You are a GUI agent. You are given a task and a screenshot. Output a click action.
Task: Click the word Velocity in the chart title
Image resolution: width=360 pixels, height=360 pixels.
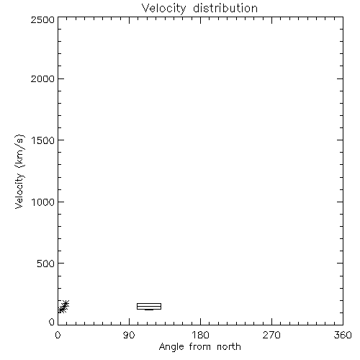tap(164, 9)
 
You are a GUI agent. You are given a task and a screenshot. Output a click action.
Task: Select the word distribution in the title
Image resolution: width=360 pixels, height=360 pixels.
tap(225, 8)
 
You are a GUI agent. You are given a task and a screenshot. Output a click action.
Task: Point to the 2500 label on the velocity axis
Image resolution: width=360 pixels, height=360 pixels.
tap(42, 19)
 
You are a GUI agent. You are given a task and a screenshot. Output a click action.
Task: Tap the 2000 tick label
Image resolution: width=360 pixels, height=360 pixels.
tap(42, 78)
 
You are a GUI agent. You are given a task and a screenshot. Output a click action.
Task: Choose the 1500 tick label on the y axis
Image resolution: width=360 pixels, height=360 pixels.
tap(43, 140)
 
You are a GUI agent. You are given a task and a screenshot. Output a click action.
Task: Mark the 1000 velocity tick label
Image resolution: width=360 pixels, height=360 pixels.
tap(43, 202)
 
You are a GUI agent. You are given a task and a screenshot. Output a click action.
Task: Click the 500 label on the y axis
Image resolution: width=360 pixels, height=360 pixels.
tap(46, 264)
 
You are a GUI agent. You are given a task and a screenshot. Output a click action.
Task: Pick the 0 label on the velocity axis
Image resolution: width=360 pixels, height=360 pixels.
tap(52, 322)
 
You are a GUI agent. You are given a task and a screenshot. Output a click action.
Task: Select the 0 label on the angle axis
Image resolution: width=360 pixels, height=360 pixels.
tap(58, 335)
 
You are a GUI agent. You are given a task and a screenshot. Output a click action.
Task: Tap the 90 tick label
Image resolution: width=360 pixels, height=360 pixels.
tap(129, 335)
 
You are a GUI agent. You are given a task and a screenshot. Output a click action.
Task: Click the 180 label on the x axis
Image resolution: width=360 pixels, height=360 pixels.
tap(200, 335)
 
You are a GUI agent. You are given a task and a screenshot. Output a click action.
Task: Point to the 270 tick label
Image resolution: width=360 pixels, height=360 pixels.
tap(271, 335)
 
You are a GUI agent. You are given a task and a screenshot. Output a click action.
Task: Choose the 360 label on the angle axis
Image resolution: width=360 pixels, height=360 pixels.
tap(343, 335)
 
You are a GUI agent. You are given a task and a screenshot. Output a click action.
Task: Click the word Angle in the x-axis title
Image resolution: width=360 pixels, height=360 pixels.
tap(171, 347)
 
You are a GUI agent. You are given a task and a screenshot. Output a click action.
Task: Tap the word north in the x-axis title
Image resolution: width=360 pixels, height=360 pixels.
tap(229, 346)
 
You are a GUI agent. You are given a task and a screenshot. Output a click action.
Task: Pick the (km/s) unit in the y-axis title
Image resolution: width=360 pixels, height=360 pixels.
tap(19, 151)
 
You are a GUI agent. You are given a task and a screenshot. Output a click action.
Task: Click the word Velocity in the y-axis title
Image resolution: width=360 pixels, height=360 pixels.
tap(19, 191)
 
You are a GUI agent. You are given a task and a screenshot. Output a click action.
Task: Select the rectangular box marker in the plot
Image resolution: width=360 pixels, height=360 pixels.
tap(149, 304)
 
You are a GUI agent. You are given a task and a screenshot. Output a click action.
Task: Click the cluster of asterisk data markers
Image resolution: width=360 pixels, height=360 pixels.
tap(63, 307)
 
